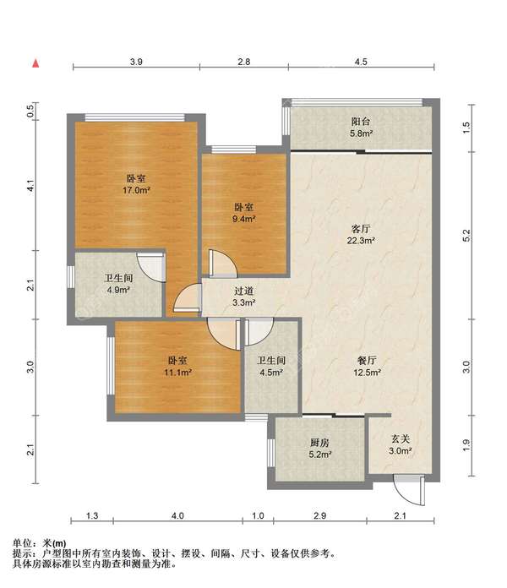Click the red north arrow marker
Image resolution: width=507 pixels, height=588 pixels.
35,63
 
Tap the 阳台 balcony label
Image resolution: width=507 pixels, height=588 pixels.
361,122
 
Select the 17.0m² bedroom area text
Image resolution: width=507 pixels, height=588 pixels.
136,190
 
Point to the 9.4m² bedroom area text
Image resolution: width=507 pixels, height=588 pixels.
244,219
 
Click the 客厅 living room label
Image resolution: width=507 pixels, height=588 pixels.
361,229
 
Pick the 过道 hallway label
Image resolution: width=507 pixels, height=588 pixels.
243,291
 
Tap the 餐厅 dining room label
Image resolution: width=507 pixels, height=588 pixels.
367,361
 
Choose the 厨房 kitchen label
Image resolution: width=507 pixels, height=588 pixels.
319,443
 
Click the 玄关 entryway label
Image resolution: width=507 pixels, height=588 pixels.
401,438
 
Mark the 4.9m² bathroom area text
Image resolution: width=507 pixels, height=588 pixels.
118,290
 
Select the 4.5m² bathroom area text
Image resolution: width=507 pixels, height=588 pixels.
271,373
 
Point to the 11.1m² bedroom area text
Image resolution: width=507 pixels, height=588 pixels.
177,373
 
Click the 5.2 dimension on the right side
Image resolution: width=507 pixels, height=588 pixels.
466,236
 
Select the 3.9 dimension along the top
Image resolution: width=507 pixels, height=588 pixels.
136,62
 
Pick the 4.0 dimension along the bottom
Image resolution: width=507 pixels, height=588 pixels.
177,515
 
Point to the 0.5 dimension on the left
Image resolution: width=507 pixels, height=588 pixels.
30,111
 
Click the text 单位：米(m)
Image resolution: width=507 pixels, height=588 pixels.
40,543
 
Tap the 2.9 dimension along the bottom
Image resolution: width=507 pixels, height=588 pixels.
319,515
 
